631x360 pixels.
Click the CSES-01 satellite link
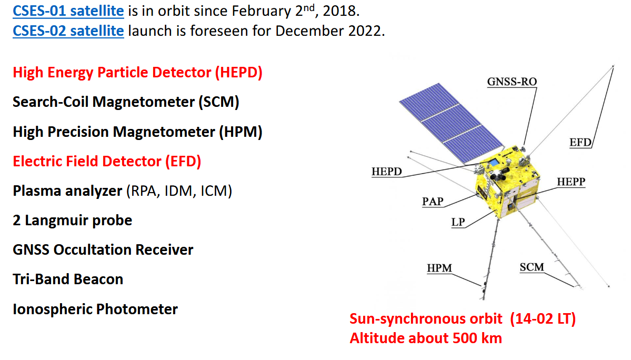68,11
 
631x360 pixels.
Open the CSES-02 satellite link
68,31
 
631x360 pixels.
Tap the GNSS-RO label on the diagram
512,82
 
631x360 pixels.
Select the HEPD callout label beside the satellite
387,172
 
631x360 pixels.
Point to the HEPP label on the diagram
571,182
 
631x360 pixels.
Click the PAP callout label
433,201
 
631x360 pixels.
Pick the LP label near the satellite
458,222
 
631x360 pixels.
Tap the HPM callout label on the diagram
439,268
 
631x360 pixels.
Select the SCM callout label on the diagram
532,267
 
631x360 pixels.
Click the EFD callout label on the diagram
580,143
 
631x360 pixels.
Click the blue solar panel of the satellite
450,123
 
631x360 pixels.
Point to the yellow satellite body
506,182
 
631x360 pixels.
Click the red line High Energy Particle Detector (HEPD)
138,73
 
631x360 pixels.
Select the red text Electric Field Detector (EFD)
107,161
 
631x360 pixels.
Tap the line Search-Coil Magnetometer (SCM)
126,102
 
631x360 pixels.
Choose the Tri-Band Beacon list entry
68,279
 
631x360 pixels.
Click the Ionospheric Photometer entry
95,309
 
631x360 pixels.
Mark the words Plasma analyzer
67,191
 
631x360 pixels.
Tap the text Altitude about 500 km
426,338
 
